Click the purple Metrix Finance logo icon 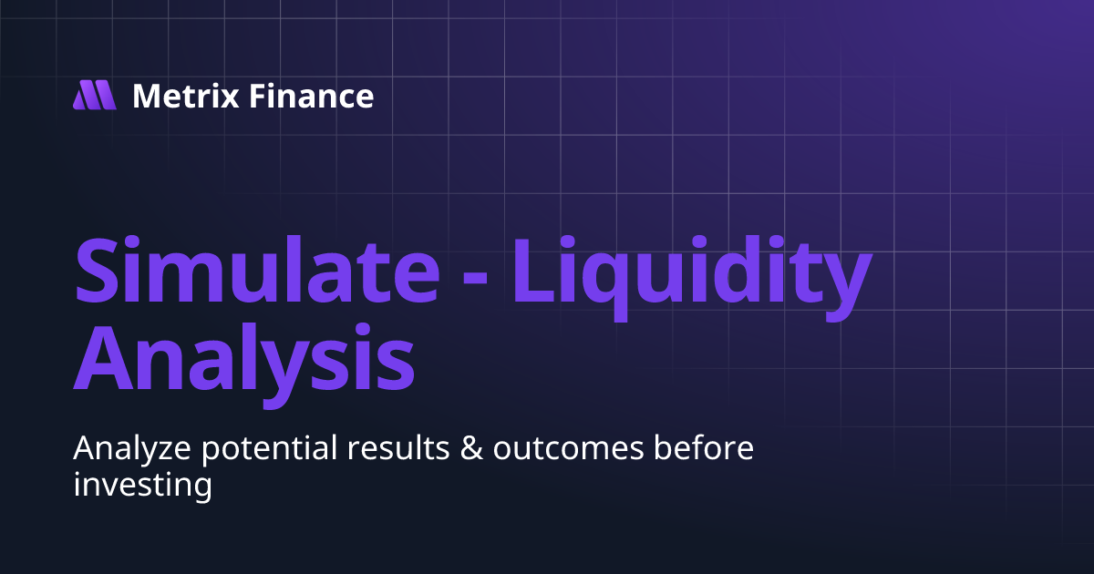point(95,95)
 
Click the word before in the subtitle point(705,449)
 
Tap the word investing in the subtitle point(142,485)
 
